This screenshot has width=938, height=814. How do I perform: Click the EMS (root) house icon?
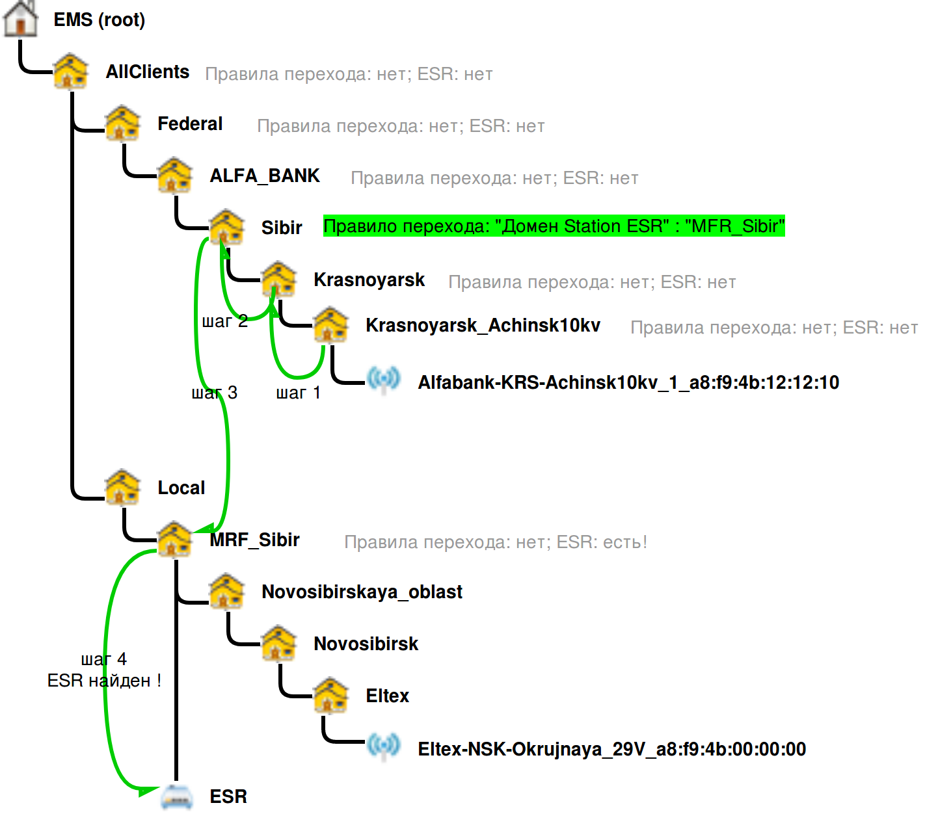click(20, 18)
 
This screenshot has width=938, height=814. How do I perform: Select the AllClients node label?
click(148, 72)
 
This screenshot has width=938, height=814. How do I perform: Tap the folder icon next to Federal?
click(123, 124)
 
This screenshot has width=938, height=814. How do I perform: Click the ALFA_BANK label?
click(265, 176)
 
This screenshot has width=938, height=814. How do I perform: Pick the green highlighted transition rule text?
click(554, 226)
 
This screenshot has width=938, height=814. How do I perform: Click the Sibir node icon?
click(226, 228)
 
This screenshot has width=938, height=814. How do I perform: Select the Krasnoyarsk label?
click(369, 280)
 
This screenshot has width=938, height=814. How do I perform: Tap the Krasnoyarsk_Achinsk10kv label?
click(483, 325)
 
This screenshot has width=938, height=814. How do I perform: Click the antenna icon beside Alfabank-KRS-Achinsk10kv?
click(383, 380)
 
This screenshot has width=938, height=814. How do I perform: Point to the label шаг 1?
click(298, 393)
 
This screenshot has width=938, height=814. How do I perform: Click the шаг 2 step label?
click(225, 321)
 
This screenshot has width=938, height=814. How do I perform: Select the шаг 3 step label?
click(215, 393)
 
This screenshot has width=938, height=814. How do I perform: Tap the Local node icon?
click(123, 488)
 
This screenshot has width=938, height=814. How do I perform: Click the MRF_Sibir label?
click(254, 540)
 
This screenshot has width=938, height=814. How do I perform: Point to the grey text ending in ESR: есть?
click(496, 542)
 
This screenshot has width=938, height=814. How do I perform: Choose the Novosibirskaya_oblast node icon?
click(226, 592)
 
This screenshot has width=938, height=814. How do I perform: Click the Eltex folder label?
click(387, 696)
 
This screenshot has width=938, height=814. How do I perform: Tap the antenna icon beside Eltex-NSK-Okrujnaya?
click(383, 746)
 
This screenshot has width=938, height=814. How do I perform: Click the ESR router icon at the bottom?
click(177, 796)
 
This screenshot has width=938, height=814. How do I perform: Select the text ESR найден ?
click(104, 681)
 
